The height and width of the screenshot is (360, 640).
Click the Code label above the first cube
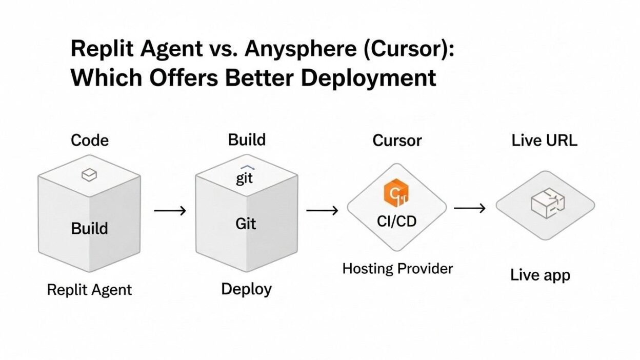tap(90, 141)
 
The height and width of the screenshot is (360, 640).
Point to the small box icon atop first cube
tap(89, 176)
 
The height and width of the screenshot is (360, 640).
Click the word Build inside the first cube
tap(89, 228)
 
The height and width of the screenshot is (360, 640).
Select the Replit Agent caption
tap(89, 290)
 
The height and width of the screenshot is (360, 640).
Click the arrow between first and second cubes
tap(170, 211)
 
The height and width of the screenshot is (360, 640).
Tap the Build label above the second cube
tap(247, 140)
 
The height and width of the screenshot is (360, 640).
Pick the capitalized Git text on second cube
tap(246, 224)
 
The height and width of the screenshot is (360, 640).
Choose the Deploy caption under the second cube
tap(246, 289)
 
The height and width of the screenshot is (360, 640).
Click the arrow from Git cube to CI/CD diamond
tap(322, 210)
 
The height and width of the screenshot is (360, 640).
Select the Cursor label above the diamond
tap(397, 141)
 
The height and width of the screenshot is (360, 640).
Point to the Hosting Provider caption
tap(397, 268)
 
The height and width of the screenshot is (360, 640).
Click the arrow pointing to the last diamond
tap(470, 208)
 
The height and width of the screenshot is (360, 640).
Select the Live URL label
tap(544, 141)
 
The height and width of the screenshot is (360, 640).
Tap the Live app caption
tap(540, 275)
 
